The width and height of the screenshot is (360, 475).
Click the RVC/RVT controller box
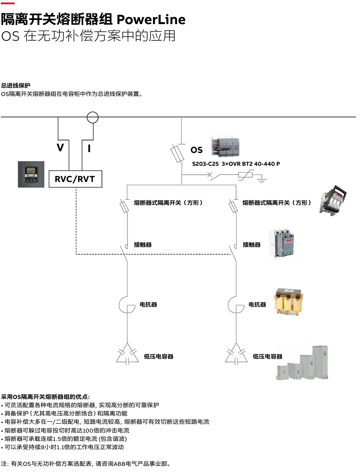[x=75, y=179]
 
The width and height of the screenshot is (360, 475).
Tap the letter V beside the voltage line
[x=61, y=148]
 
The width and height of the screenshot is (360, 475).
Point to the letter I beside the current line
[x=89, y=148]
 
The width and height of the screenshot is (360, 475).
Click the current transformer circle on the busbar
[x=92, y=118]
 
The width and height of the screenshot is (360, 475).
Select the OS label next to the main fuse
[x=197, y=150]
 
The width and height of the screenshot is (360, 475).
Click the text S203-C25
[x=205, y=164]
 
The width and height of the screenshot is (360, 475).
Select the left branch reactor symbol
[x=126, y=305]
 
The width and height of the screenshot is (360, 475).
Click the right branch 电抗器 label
[x=257, y=305]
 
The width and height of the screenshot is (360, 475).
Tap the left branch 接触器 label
[x=143, y=245]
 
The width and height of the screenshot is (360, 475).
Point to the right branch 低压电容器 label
[x=267, y=357]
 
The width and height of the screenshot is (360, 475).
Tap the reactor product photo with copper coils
[x=288, y=303]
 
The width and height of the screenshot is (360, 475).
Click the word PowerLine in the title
[x=151, y=20]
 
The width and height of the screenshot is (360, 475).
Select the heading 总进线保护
[x=15, y=86]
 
